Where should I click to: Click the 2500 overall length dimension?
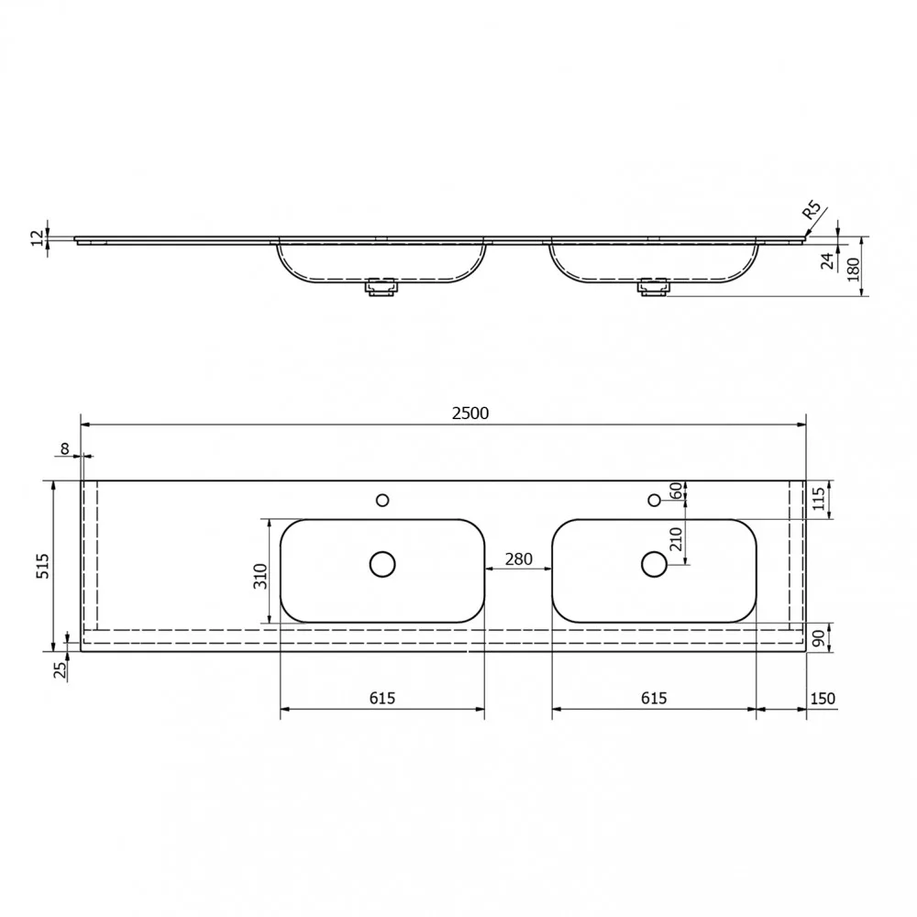[470, 414]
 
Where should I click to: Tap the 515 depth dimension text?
[43, 566]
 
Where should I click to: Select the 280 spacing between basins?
[519, 559]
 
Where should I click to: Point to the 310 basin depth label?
[260, 576]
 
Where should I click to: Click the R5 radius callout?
[812, 210]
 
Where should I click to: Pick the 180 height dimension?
[853, 270]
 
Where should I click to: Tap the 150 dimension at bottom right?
[823, 698]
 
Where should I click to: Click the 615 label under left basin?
[381, 698]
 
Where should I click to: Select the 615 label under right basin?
[653, 698]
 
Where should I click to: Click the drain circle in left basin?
[382, 564]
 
